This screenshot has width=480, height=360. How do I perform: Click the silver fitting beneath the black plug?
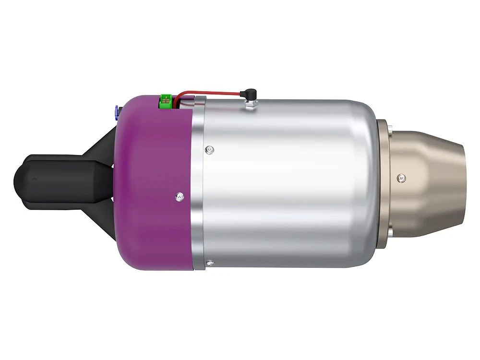250,102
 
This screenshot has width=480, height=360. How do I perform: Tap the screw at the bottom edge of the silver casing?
210,262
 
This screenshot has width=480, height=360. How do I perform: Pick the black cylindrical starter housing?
58,178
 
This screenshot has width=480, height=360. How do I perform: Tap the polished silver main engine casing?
288,182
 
